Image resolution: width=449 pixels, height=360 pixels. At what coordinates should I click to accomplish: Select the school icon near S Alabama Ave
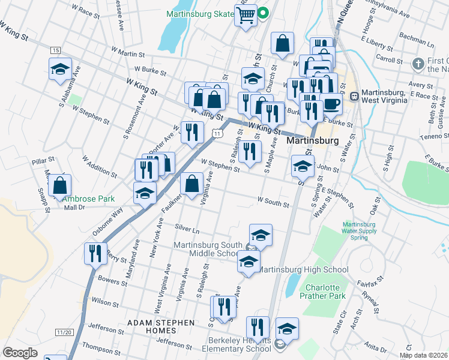click(60, 69)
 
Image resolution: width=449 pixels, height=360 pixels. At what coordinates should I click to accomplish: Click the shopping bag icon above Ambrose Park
click(59, 185)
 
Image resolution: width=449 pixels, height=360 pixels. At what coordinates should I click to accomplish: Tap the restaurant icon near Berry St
click(95, 253)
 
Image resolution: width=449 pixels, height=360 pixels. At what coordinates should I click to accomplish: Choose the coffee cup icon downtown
click(331, 104)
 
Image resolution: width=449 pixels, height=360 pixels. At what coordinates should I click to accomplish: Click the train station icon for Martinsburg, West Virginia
click(354, 95)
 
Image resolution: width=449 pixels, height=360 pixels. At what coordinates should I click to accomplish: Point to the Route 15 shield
click(55, 49)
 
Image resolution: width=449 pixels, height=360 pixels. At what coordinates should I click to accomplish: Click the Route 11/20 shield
click(64, 332)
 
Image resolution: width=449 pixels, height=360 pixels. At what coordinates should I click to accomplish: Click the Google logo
click(20, 352)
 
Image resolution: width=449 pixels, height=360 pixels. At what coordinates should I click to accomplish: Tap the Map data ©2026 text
click(423, 355)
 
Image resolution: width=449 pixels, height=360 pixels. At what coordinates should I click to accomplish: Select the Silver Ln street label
click(187, 229)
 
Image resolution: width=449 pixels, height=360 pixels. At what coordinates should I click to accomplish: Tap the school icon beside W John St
click(303, 165)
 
